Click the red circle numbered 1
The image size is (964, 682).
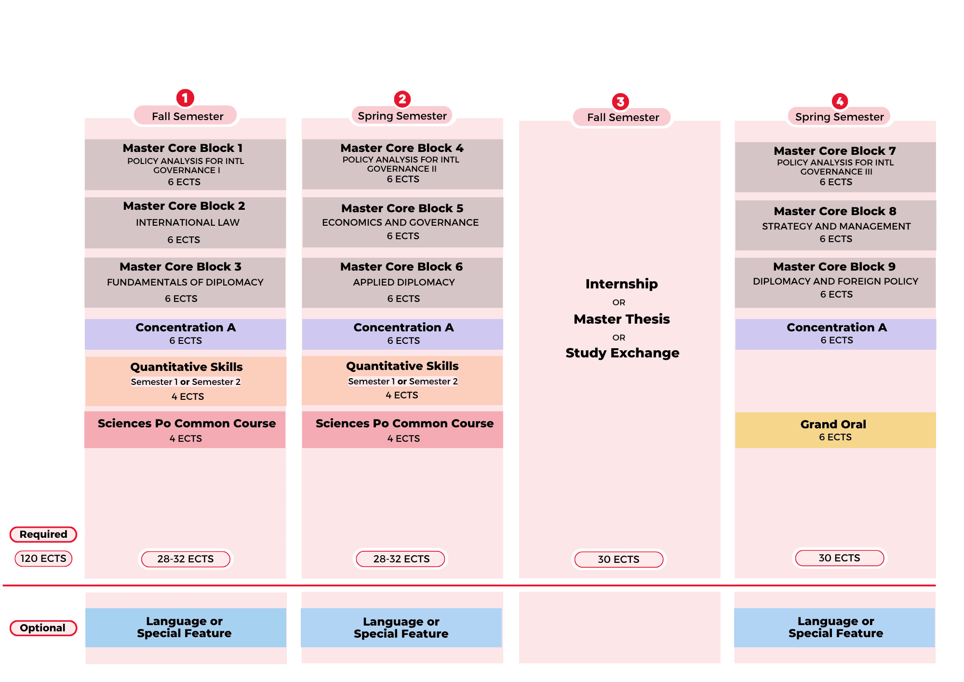(185, 98)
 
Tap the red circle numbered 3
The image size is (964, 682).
(620, 102)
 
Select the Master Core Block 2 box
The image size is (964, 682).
(185, 222)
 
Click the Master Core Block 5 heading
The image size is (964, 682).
(402, 208)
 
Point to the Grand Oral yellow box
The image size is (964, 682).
(835, 430)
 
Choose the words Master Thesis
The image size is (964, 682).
(621, 319)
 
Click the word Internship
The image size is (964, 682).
(621, 284)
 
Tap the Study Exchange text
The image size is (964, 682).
(622, 353)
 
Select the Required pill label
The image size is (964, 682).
(43, 534)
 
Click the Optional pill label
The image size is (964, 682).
(43, 628)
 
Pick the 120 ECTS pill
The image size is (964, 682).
(43, 559)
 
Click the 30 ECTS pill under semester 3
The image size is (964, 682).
(618, 559)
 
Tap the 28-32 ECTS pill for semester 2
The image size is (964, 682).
(401, 559)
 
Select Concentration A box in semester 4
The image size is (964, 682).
(836, 334)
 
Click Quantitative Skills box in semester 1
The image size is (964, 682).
(186, 381)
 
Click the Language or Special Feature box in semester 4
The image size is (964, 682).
(835, 627)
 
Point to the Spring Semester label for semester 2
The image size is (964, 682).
(402, 116)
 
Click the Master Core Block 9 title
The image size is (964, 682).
(834, 267)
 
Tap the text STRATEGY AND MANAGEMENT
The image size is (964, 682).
(836, 226)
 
